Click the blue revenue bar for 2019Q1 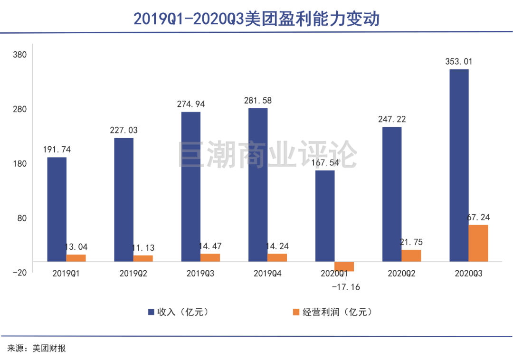click(x=57, y=209)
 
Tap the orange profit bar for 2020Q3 click(x=478, y=243)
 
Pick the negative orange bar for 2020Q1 click(x=344, y=266)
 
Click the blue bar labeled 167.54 click(x=325, y=216)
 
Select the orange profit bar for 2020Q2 click(x=411, y=256)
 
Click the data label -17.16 click(x=346, y=287)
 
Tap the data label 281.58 click(x=257, y=100)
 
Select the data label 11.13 click(x=143, y=248)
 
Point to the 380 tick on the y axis click(x=20, y=55)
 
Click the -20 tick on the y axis click(x=20, y=273)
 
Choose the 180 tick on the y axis click(x=20, y=164)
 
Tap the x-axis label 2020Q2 click(x=402, y=274)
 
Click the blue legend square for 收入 click(x=151, y=312)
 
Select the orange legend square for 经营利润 click(x=296, y=312)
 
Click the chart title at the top click(x=256, y=19)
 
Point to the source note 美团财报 click(x=49, y=349)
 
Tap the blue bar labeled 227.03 click(x=123, y=199)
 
